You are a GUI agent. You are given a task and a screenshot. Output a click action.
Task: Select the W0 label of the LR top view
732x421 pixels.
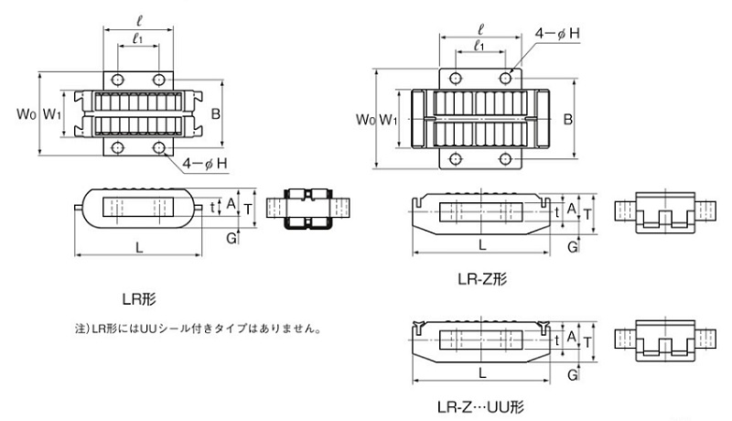click(27, 114)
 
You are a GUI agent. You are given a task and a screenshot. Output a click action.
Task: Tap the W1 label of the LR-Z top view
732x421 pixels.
click(389, 120)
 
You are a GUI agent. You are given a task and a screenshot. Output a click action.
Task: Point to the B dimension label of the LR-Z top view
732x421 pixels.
click(567, 120)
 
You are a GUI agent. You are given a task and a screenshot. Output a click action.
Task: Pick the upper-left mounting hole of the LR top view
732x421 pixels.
click(116, 78)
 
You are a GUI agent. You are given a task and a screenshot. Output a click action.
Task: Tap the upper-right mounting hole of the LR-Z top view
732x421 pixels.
click(506, 79)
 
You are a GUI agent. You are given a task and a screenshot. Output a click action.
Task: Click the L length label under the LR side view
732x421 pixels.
click(139, 247)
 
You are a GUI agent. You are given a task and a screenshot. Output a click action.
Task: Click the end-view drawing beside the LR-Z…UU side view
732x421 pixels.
click(661, 338)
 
